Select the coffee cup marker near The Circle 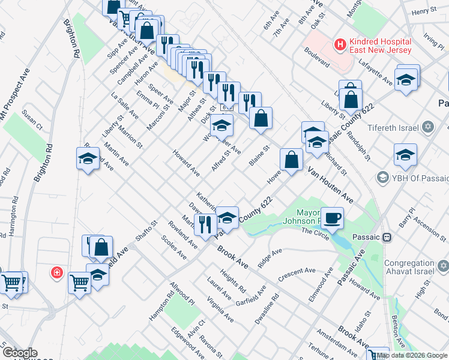coord(331,218)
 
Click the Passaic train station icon coord(387,237)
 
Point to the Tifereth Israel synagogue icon coord(428,127)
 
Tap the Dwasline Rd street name coord(268,308)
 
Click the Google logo coord(20,353)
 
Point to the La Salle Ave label coord(125,106)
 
